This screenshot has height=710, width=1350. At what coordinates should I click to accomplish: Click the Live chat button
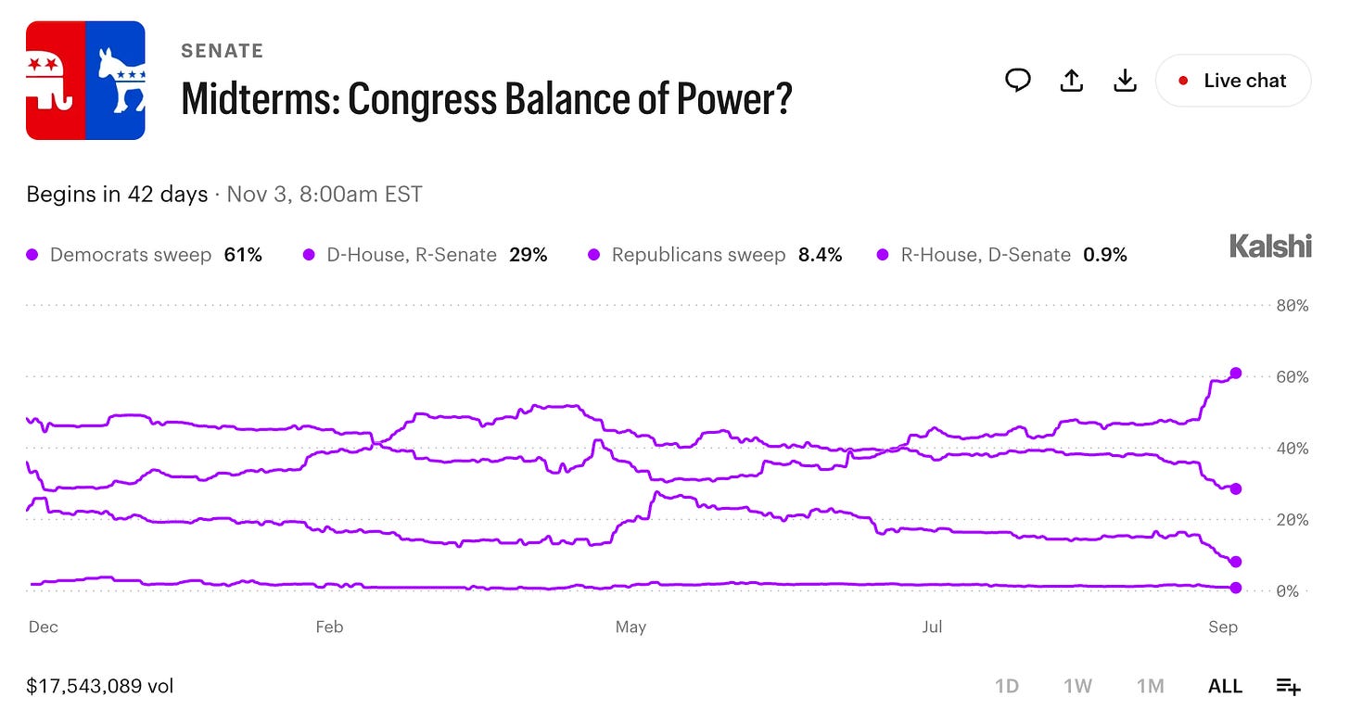click(1233, 81)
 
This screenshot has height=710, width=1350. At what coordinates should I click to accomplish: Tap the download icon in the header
click(1125, 81)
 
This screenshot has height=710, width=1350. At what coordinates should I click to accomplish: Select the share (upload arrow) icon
click(1071, 81)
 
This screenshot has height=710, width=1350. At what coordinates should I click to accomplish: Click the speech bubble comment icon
click(1018, 80)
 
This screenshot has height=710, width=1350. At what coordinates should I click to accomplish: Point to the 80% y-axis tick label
click(1293, 306)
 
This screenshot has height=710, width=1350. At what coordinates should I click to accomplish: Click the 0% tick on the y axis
click(1287, 590)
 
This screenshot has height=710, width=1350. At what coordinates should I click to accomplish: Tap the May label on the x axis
click(630, 627)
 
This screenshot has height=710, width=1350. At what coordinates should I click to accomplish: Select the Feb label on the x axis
click(329, 627)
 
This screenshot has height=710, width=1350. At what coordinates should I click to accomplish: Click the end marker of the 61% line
click(1235, 374)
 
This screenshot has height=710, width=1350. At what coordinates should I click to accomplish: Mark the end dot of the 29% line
click(1235, 488)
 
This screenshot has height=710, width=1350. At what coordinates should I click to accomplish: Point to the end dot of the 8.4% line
click(1235, 562)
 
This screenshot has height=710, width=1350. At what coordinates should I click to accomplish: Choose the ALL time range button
click(1225, 686)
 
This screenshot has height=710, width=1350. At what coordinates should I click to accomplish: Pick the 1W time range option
click(1077, 686)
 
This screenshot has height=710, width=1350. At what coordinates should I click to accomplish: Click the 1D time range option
click(1007, 686)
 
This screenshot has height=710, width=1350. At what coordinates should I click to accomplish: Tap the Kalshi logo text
click(1270, 246)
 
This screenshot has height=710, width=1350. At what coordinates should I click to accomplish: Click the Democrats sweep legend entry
click(144, 255)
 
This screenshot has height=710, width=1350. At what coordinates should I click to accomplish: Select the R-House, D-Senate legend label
click(986, 255)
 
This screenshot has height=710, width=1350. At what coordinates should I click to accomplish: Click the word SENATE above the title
click(223, 51)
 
